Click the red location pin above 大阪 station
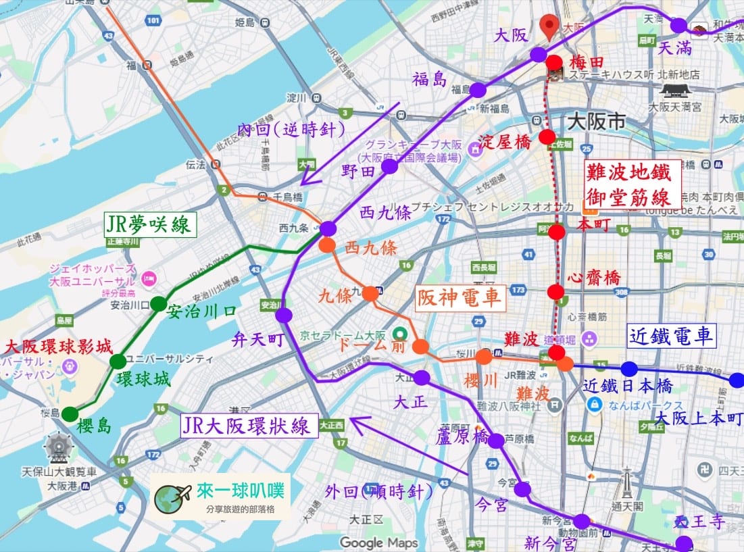[551, 26]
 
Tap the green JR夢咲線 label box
[150, 224]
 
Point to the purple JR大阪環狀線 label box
[250, 426]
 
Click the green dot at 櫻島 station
[70, 414]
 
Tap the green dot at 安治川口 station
[158, 304]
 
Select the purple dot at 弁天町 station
[284, 315]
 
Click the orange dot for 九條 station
[370, 293]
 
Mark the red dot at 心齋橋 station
[555, 292]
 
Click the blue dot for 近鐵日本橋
[629, 369]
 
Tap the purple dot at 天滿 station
[678, 26]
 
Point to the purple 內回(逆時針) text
[291, 130]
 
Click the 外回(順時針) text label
[378, 492]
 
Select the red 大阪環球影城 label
[58, 347]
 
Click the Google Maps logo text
[378, 542]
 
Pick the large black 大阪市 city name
[596, 122]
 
